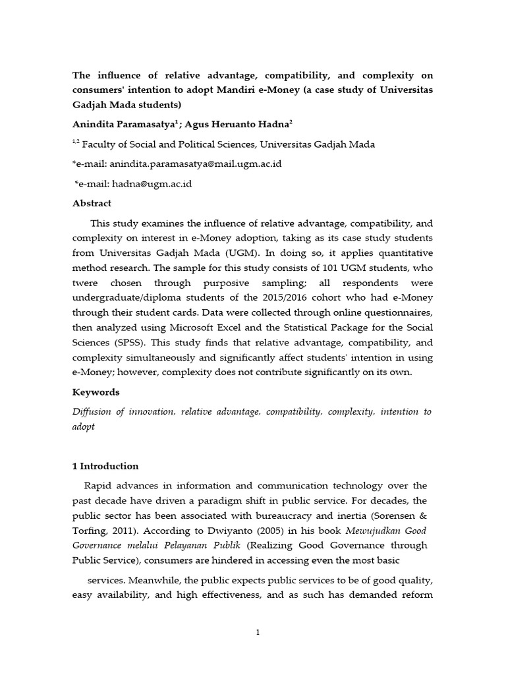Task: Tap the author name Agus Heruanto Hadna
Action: (x=226, y=123)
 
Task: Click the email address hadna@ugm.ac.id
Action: (x=151, y=184)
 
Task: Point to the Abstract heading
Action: (x=92, y=203)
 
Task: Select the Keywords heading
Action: (x=96, y=392)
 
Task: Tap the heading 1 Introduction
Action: (x=105, y=466)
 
